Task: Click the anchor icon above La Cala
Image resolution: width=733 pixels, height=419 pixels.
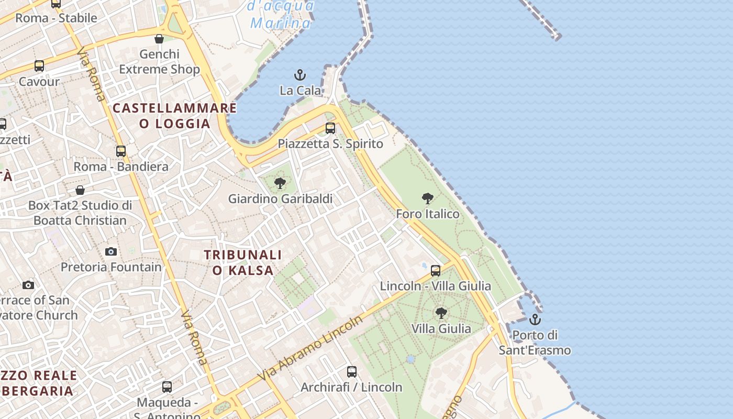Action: coord(300,75)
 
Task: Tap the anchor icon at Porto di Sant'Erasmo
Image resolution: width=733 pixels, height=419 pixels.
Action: coord(535,319)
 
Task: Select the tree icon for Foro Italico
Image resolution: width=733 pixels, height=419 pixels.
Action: coord(428,199)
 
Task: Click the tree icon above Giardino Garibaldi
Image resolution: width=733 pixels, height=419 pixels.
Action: coord(280,183)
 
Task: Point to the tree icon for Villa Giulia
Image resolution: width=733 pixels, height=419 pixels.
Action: coord(441,313)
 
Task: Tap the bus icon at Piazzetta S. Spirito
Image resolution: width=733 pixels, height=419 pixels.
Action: coord(330,128)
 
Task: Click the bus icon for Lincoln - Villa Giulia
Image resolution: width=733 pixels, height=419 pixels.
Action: coord(436,271)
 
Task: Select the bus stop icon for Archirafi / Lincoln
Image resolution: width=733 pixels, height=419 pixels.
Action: coord(352,372)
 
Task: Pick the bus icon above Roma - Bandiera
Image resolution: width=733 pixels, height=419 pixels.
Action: coord(121,151)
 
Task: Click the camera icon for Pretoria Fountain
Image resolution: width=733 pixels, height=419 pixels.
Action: coord(111,252)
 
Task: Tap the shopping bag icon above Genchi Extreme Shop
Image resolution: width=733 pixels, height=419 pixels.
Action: coord(159,39)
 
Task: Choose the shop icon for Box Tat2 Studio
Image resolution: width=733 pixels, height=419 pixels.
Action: coord(80,190)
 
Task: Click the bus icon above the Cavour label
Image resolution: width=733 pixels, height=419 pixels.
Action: coord(39,66)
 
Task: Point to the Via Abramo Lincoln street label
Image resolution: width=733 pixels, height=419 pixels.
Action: coord(310,348)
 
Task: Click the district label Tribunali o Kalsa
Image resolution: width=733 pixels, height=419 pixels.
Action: coord(243,262)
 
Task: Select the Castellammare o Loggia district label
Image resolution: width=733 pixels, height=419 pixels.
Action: coord(175,116)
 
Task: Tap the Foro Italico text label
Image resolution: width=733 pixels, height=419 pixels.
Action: coord(428,214)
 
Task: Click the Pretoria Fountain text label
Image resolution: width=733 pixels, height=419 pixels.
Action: coord(111,267)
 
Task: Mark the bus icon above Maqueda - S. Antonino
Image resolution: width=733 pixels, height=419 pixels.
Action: coord(167,387)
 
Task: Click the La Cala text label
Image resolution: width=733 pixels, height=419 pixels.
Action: coord(301,91)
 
